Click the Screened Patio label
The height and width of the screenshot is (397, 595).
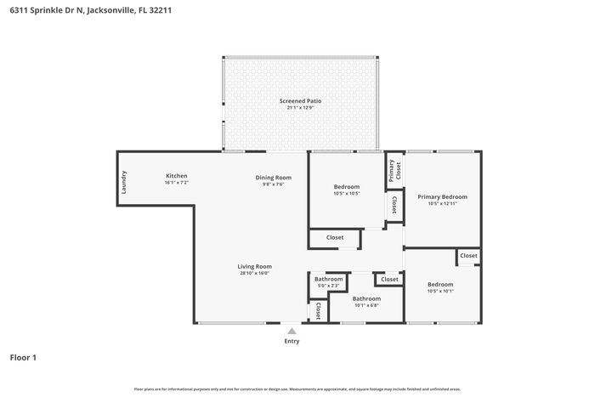click(301, 100)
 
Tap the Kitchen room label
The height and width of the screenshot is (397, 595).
click(176, 175)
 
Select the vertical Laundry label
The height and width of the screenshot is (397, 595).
click(124, 183)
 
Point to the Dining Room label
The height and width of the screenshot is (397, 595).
click(273, 177)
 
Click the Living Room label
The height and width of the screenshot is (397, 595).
click(254, 266)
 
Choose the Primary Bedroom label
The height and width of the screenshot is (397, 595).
click(442, 196)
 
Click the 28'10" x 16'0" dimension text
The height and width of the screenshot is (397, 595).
click(254, 274)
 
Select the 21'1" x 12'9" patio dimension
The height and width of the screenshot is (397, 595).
click(301, 108)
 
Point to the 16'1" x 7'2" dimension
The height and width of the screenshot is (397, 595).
click(176, 183)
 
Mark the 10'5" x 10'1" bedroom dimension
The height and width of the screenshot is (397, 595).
click(440, 292)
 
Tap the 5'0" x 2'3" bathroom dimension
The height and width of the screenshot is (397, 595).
click(328, 286)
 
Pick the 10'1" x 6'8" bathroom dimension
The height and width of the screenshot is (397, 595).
click(366, 305)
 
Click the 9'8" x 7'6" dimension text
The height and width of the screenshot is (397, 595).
click(273, 184)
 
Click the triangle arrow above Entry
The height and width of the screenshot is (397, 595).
click(292, 331)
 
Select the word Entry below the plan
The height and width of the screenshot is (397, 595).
click(292, 341)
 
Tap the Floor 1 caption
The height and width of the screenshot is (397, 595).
click(23, 358)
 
